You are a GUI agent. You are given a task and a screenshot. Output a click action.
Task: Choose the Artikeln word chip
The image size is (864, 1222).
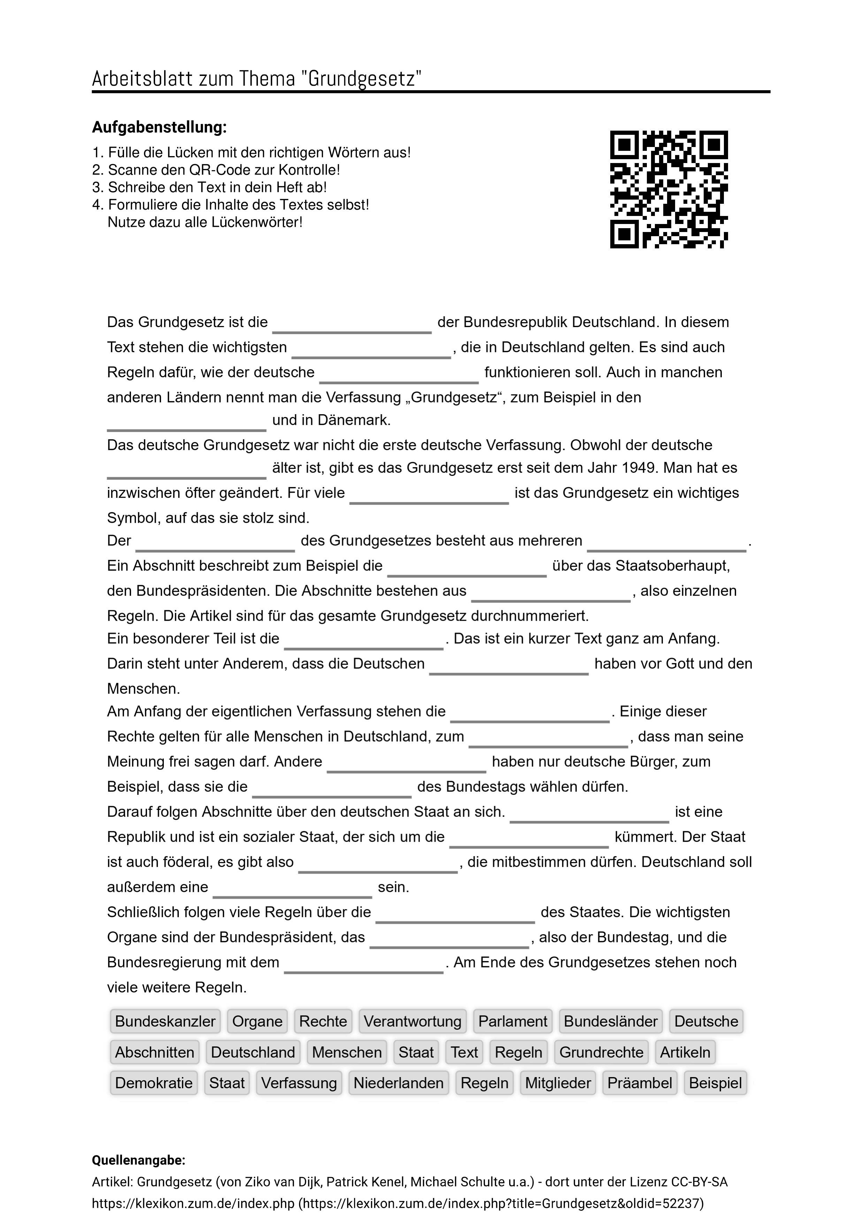pos(685,1052)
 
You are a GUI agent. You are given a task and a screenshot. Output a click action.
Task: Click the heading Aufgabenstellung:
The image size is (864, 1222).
pos(159,127)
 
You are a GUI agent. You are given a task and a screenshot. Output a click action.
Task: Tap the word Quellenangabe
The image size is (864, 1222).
pos(138,1160)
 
